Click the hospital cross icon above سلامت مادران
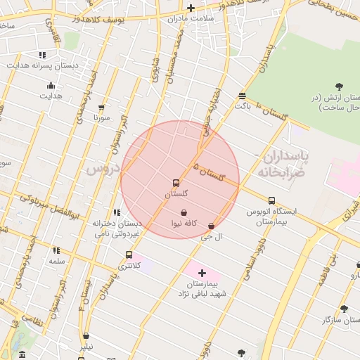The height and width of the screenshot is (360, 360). click(191, 8)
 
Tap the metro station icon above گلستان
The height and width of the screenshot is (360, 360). click(176, 183)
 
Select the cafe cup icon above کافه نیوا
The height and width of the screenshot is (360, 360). click(184, 213)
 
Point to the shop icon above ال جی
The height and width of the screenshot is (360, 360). click(212, 226)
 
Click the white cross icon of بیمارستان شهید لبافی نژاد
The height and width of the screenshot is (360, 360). click(202, 272)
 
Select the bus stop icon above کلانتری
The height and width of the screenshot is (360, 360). click(129, 255)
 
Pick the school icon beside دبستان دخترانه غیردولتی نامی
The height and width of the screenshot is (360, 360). click(117, 212)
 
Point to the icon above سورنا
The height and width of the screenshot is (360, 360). click(101, 108)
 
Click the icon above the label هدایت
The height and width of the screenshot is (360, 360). click(51, 86)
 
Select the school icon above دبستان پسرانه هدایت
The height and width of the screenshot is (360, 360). click(43, 54)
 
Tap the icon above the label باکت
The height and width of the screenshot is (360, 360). click(243, 96)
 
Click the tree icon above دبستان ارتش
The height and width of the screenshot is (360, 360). click(339, 86)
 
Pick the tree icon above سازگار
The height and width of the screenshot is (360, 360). click(344, 309)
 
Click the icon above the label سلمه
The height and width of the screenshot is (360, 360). click(56, 250)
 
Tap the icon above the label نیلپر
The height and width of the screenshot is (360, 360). click(86, 336)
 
